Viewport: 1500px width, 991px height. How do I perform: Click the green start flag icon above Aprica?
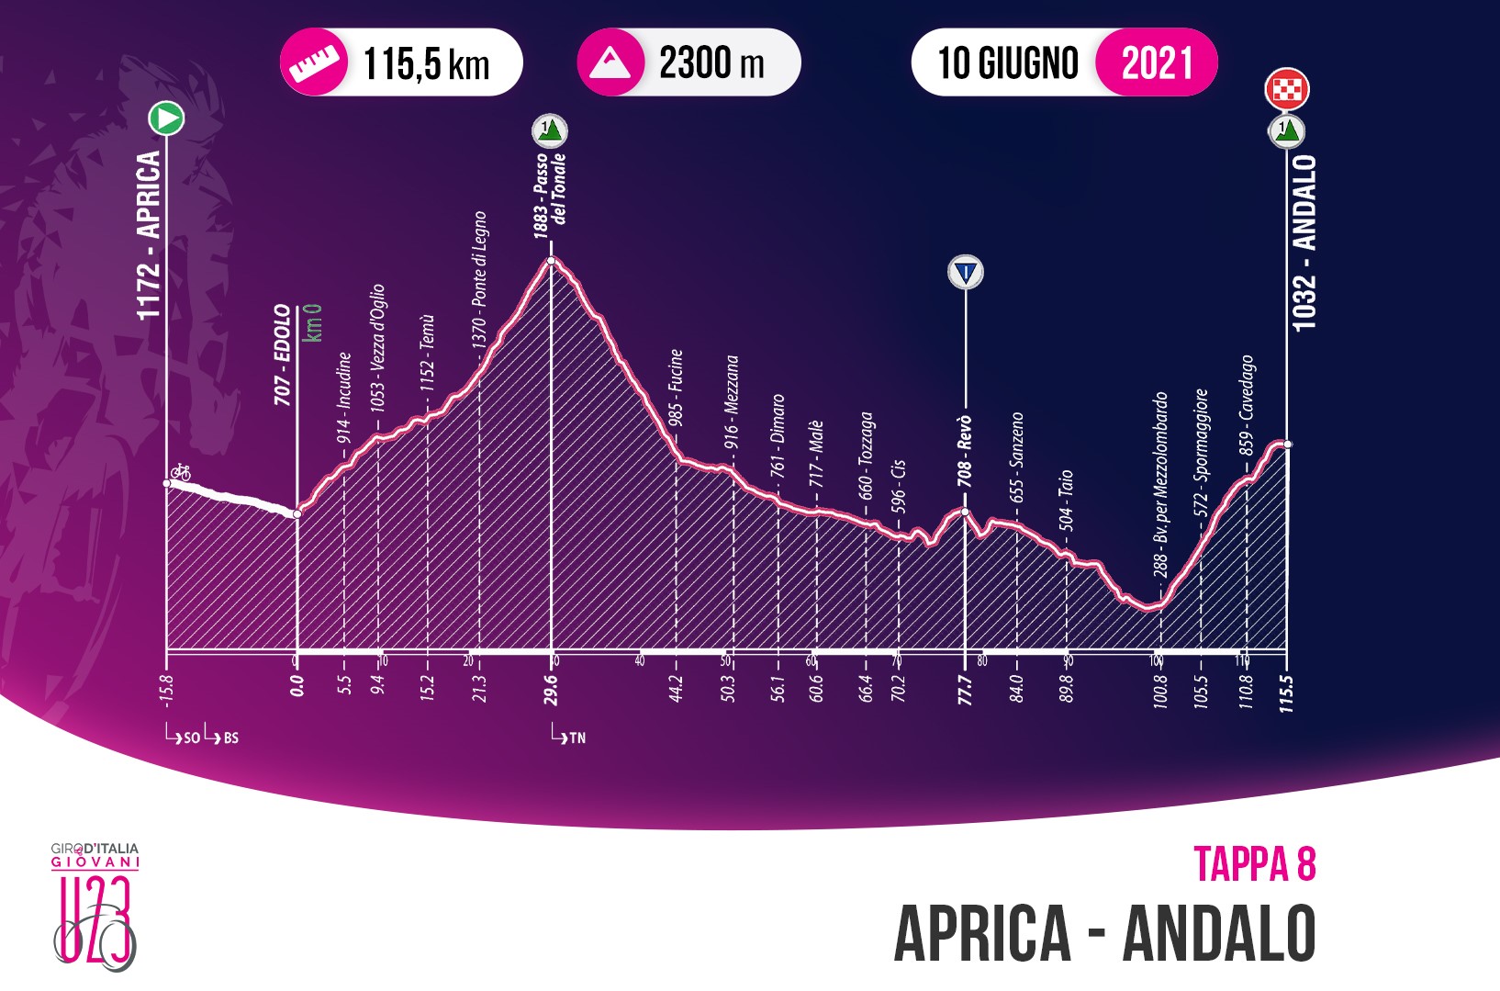tap(166, 118)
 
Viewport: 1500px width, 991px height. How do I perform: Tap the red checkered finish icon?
tap(1286, 89)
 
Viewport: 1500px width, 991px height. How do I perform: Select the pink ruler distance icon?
tap(308, 62)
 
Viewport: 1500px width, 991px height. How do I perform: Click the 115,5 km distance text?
tap(427, 64)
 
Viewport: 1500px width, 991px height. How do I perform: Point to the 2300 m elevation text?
tap(711, 62)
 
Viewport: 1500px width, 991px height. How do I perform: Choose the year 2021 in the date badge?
tap(1156, 62)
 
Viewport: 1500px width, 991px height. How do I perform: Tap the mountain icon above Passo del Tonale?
tap(550, 131)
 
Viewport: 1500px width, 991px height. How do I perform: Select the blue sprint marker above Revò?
tap(966, 272)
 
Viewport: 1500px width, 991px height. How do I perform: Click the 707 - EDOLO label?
tap(283, 355)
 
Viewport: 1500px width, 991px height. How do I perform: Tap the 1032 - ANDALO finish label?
tap(1304, 242)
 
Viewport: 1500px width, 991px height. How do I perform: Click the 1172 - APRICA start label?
tap(149, 235)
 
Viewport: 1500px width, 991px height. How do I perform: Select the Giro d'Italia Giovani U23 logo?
tap(95, 905)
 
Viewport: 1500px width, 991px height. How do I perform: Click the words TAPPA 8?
tap(1254, 864)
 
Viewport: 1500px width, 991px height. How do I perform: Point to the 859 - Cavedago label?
tap(1246, 405)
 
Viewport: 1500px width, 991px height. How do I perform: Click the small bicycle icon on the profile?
tap(181, 472)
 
